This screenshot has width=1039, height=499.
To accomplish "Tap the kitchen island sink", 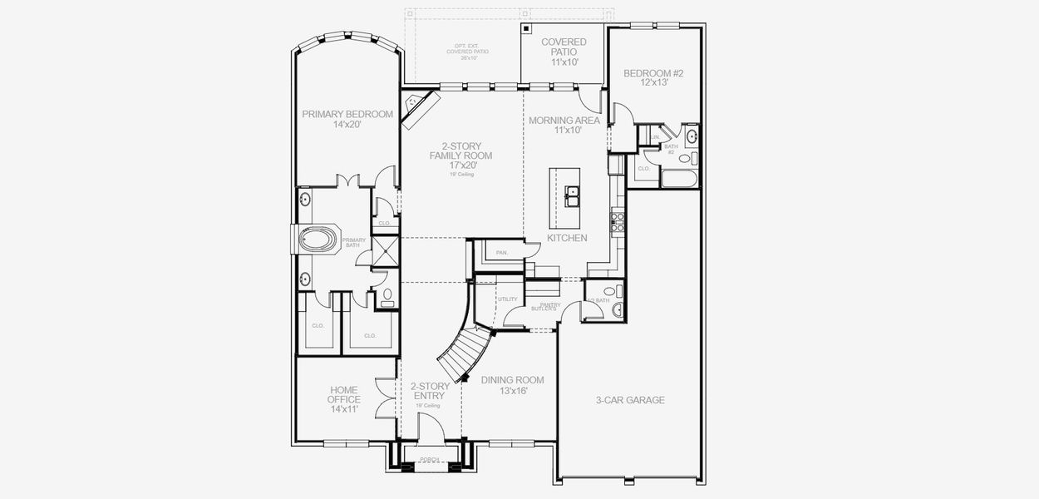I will (573, 197).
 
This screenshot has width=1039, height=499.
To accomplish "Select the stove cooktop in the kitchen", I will (618, 220).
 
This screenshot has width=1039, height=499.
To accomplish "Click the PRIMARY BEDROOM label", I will (347, 115).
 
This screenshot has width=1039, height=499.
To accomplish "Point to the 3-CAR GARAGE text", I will (630, 400).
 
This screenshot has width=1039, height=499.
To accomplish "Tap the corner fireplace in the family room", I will (417, 107).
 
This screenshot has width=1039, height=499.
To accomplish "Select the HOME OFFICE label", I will (344, 394).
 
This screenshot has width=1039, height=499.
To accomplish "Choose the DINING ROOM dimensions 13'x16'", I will (513, 391).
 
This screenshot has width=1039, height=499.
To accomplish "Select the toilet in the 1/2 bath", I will (617, 310).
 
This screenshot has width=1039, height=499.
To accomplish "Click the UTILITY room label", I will (507, 299).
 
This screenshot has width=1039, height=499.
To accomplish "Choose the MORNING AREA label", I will (564, 121).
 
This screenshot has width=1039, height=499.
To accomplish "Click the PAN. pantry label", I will (501, 252).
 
